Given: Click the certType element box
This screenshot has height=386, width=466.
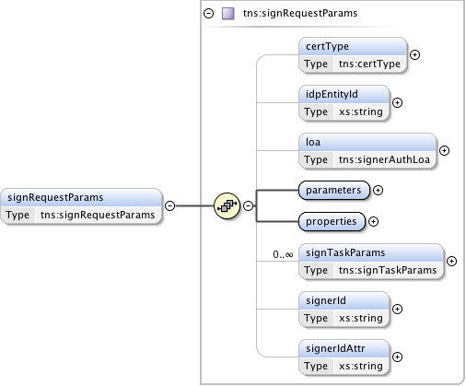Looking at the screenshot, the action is tap(353, 55).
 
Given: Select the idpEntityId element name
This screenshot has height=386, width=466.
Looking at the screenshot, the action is tap(332, 94).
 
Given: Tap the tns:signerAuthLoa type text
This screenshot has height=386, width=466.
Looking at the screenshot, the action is tap(384, 159).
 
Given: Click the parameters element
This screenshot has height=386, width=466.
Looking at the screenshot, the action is tap(334, 190).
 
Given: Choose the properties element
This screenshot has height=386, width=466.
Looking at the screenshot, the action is tap(332, 221).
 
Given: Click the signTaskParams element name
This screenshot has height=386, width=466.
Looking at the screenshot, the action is tap(345, 252).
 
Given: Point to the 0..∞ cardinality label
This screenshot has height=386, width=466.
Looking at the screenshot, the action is tap(283, 254).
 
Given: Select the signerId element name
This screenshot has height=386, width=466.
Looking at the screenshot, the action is tap(326, 300).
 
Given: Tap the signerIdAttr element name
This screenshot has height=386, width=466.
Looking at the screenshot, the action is tap(335, 348).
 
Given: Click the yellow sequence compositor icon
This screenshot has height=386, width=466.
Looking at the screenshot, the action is tap(227, 205).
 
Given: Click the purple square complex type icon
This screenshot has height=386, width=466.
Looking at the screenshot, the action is tap(228, 14).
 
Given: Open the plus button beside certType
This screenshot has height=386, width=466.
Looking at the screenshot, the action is tap(415, 55).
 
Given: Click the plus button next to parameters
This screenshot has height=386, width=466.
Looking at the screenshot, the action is tap(378, 190).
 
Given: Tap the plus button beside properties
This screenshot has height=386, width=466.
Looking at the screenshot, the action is tap(373, 221).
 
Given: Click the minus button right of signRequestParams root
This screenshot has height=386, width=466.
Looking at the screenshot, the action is tap(169, 205).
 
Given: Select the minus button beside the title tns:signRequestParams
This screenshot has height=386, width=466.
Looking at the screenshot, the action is tap(209, 14).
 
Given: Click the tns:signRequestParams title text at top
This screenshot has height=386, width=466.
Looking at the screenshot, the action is tap(300, 13).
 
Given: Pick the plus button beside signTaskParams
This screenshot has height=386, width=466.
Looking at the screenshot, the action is tap(451, 261).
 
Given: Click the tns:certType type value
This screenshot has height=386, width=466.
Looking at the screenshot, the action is tap(369, 64).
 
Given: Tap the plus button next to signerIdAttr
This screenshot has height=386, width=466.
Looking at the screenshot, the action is tap(398, 357).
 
